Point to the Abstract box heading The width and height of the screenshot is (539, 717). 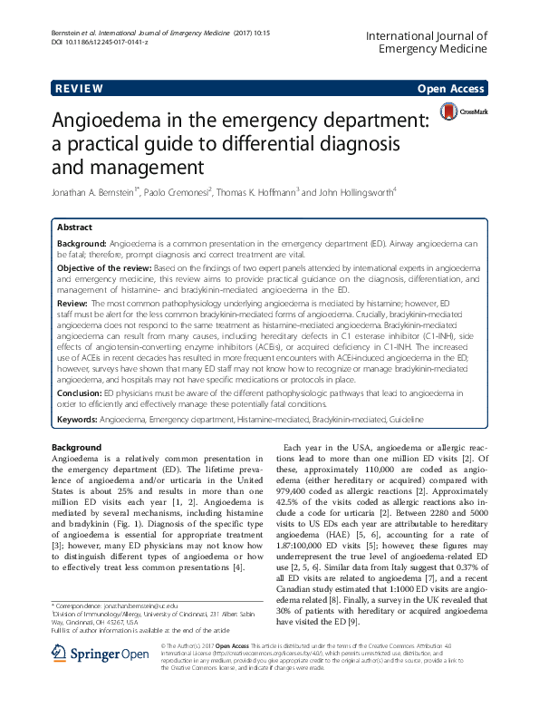pos(74,228)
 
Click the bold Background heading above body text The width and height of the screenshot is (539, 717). pos(76,448)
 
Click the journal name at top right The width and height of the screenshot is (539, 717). pos(428,41)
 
